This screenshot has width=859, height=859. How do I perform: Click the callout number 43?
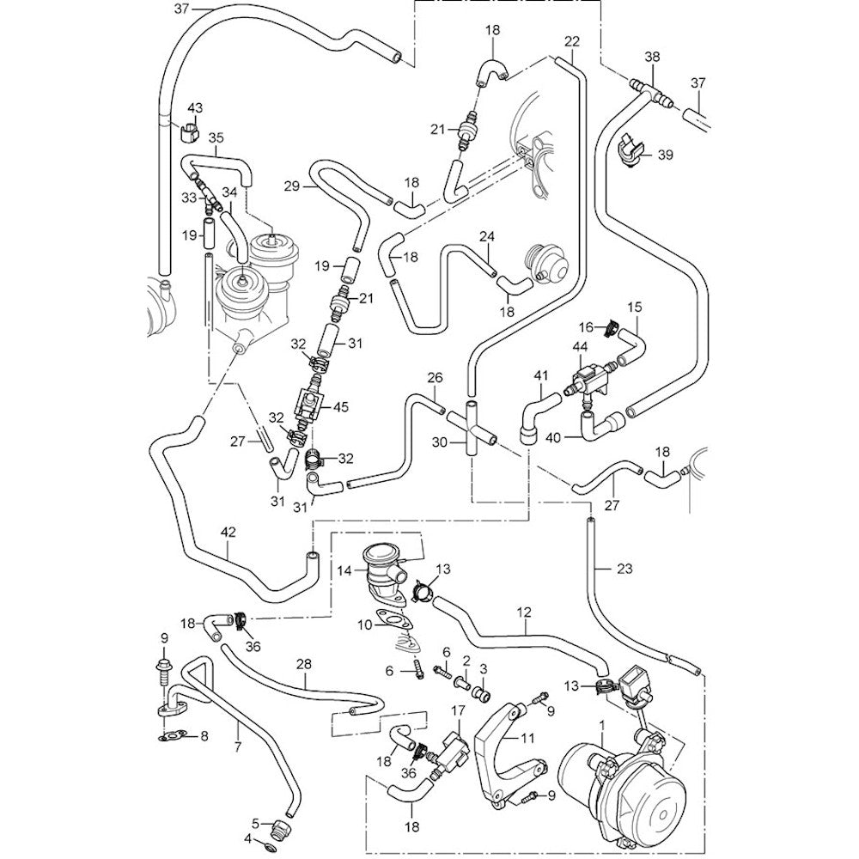(195, 107)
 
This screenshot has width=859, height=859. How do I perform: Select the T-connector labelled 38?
(651, 88)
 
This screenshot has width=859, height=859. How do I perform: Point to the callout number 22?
(573, 41)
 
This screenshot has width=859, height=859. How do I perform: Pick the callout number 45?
(340, 408)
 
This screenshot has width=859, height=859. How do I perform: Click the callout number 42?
(228, 533)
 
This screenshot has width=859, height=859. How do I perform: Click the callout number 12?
(525, 612)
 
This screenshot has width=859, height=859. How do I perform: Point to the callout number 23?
(624, 568)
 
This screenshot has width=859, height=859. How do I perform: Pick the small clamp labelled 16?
(612, 326)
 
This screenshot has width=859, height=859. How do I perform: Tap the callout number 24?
(487, 235)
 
